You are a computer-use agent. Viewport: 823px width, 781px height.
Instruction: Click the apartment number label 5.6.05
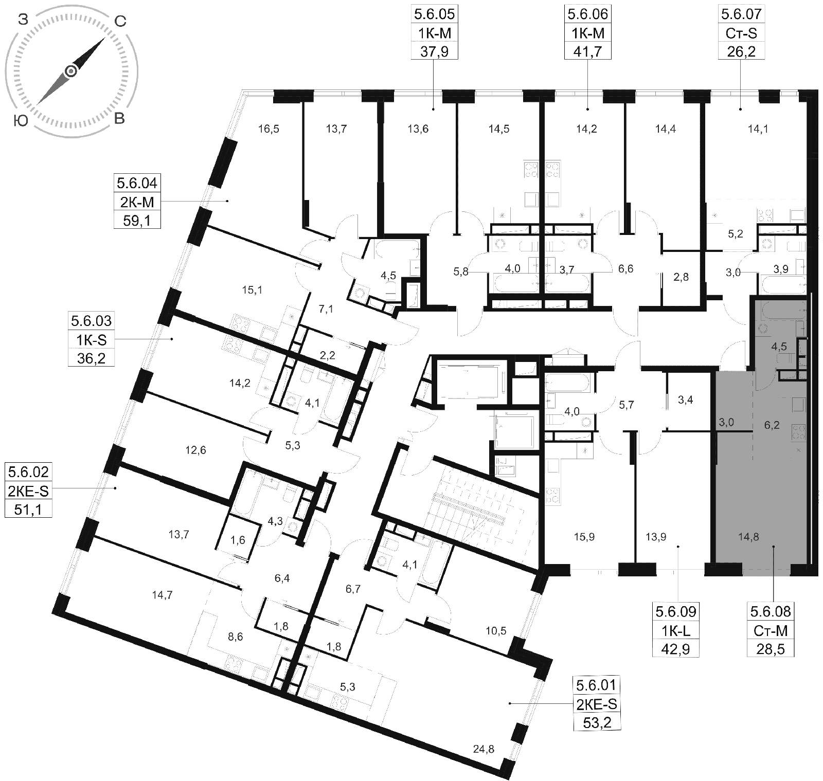click(x=434, y=14)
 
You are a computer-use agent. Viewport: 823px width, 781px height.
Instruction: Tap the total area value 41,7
click(x=587, y=51)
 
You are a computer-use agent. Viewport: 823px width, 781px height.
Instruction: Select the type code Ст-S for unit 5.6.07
click(x=741, y=33)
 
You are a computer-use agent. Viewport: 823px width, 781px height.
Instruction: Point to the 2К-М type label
click(x=137, y=202)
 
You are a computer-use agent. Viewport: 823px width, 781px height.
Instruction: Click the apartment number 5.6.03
click(x=91, y=321)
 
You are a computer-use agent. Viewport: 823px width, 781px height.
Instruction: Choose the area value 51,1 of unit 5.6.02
click(x=28, y=510)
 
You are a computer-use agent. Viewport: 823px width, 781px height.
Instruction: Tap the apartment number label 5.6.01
click(x=596, y=685)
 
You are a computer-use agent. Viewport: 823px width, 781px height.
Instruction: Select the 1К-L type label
click(x=676, y=630)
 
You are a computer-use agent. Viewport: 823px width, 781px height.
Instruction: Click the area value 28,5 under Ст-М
click(x=770, y=649)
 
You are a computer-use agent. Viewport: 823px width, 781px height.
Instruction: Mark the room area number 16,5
click(x=269, y=129)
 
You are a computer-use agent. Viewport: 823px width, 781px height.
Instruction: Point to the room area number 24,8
click(x=484, y=749)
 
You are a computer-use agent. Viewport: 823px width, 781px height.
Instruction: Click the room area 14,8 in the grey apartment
click(x=748, y=537)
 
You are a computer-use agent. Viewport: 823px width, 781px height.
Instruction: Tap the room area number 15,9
click(x=584, y=537)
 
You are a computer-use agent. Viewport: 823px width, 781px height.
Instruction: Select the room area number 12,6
click(x=195, y=450)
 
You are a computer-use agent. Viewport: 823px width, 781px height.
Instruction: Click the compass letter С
click(x=119, y=21)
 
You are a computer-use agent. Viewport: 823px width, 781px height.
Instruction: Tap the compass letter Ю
click(x=20, y=120)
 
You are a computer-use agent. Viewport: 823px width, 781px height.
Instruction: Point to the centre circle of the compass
click(x=71, y=71)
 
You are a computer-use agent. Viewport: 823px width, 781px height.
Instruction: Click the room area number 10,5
click(x=496, y=630)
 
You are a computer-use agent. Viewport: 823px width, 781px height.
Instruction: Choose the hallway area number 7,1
click(x=326, y=309)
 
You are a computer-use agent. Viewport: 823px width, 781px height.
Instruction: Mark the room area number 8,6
click(x=235, y=637)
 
